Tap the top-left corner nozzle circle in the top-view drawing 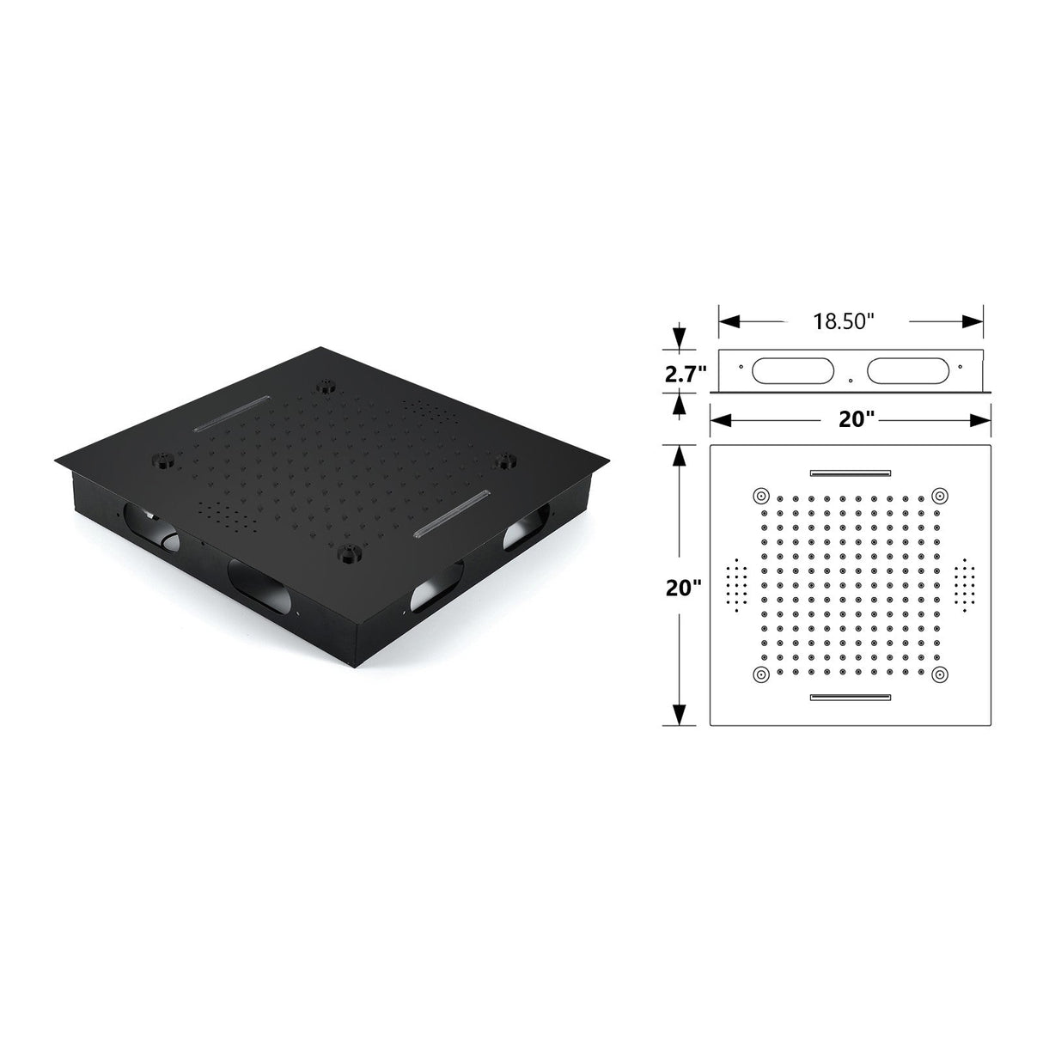(x=760, y=496)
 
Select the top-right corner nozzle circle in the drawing (x=940, y=496)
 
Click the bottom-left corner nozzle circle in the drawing (x=760, y=674)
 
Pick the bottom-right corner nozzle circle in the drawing (x=940, y=674)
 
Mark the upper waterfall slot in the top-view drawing (x=850, y=472)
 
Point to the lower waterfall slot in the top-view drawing (x=850, y=697)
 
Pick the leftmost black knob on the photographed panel (x=161, y=458)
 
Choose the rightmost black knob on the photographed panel (x=503, y=461)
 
